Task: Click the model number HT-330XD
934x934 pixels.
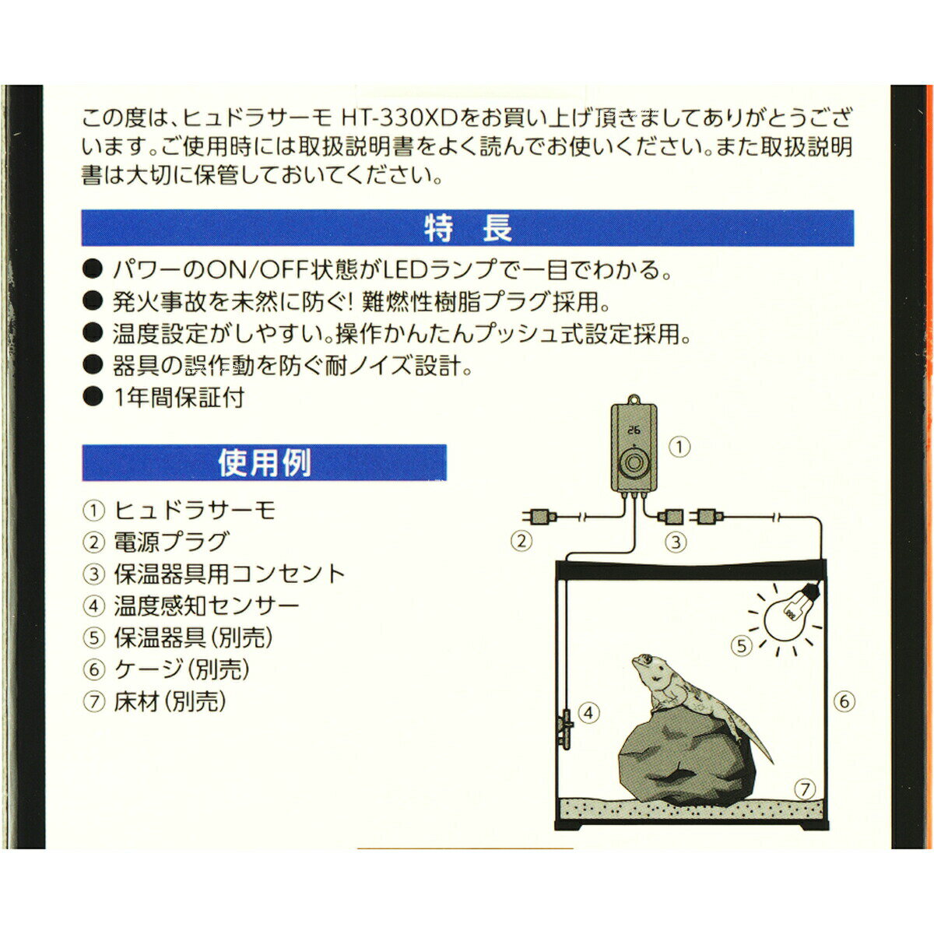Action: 401,118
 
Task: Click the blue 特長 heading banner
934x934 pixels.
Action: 468,228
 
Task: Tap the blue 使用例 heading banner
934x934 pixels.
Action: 264,463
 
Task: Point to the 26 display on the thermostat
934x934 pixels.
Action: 633,430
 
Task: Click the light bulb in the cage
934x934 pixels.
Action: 791,615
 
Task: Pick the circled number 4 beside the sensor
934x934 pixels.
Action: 588,713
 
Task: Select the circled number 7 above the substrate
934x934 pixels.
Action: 805,789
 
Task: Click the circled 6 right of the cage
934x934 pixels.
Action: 844,701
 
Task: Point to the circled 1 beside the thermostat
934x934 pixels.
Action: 679,447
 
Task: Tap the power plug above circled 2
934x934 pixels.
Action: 539,517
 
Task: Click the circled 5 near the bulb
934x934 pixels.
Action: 742,646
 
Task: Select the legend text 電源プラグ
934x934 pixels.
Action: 170,542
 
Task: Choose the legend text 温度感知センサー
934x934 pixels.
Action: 207,606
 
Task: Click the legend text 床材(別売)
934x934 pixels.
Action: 170,702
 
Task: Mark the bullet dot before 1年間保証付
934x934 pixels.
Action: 93,397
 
